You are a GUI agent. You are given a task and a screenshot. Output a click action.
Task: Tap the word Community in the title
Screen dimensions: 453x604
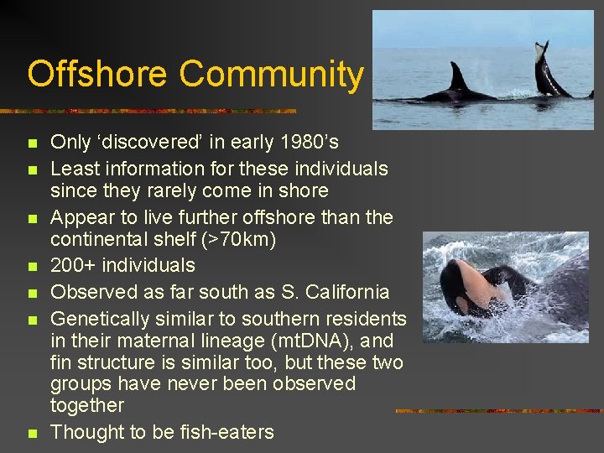(x=271, y=74)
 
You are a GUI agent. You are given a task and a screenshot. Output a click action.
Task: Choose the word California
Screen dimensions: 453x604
(x=336, y=293)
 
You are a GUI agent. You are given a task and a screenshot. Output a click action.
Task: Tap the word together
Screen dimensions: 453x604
(x=87, y=406)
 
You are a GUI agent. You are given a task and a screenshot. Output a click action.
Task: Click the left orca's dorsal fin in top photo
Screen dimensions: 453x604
(x=458, y=77)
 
